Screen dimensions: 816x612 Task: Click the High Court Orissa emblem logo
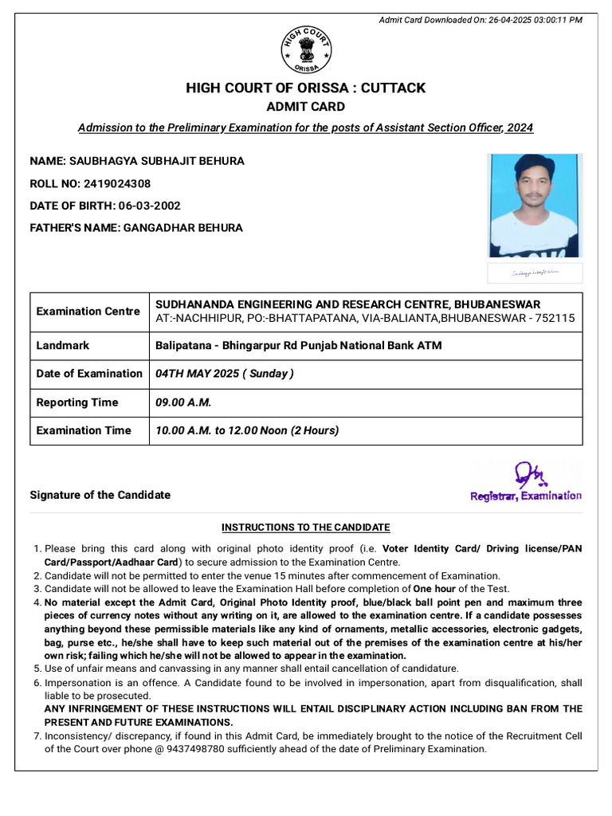click(306, 50)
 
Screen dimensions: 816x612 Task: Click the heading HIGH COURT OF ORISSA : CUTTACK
click(306, 88)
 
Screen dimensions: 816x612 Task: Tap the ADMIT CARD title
click(306, 107)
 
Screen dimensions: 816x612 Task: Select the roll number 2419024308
click(116, 183)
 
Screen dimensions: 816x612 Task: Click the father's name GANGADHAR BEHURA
click(182, 228)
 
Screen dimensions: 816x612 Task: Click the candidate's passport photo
click(535, 206)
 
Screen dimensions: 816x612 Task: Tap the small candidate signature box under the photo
click(535, 273)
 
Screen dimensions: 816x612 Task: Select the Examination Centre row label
click(88, 312)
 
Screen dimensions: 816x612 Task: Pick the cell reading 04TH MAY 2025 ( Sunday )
click(225, 374)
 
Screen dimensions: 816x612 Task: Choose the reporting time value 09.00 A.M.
click(183, 402)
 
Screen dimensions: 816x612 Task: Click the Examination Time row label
click(84, 430)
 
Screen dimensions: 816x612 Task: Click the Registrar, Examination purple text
click(525, 496)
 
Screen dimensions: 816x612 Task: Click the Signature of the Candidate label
click(100, 495)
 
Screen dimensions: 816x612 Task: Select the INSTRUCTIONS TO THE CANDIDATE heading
click(305, 528)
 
